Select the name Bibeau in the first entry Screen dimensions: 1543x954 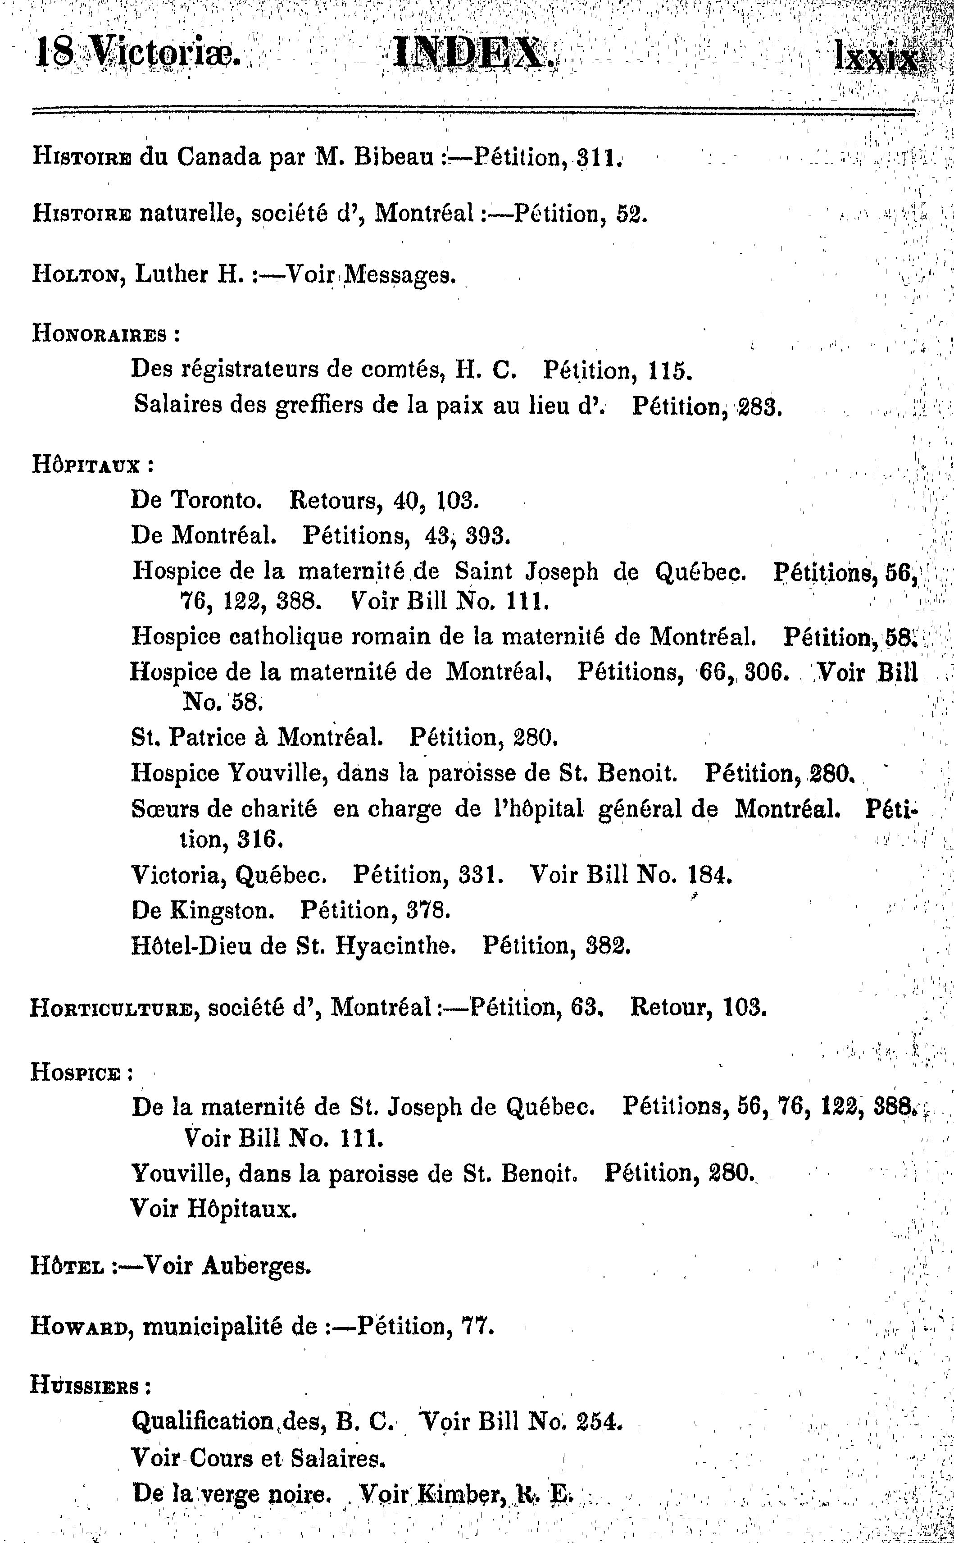tap(392, 157)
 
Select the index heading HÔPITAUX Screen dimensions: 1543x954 tap(85, 466)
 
